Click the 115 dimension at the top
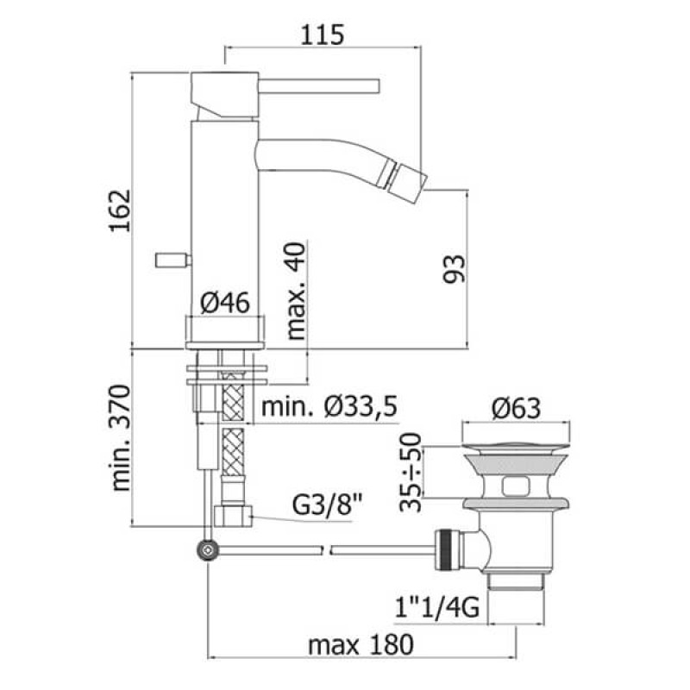323,34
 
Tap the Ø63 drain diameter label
519,406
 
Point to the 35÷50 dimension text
415,474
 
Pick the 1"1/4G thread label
438,612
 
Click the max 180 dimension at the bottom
361,643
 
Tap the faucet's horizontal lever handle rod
319,85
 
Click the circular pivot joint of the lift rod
207,549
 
